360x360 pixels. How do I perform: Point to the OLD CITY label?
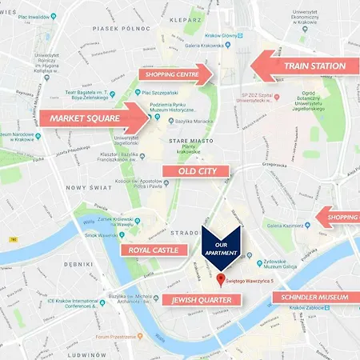coord(196,170)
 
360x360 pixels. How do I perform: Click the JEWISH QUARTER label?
coord(201,300)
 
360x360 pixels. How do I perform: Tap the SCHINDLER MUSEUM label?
coord(313,297)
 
